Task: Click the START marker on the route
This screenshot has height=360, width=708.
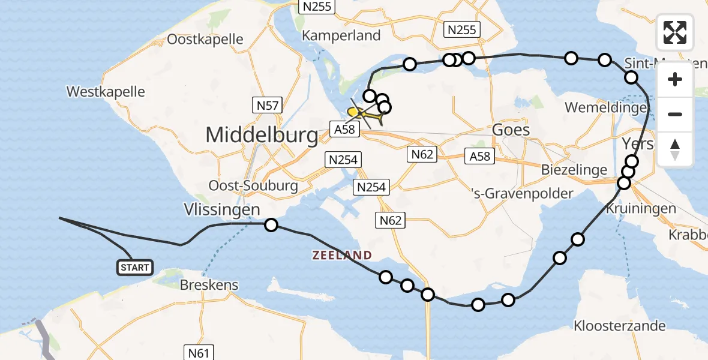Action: (x=135, y=267)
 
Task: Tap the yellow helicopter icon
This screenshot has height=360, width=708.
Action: (x=364, y=113)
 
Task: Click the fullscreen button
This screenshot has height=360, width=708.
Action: (x=675, y=32)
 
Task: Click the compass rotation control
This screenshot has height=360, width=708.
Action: (x=675, y=149)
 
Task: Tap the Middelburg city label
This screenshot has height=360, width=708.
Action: (x=262, y=136)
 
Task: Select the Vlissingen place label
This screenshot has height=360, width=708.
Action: (x=222, y=209)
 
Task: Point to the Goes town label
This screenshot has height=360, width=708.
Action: (x=511, y=130)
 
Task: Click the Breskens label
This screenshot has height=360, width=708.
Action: (x=209, y=285)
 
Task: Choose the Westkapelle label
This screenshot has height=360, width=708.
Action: (x=106, y=92)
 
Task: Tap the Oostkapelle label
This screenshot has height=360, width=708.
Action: (x=205, y=40)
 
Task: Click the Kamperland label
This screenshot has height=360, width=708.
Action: (x=341, y=35)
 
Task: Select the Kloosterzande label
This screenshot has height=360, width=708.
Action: (x=620, y=326)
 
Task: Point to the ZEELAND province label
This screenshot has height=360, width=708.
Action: (x=342, y=255)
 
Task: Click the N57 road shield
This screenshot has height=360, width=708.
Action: (x=268, y=106)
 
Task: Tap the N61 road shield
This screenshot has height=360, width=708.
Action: (x=198, y=353)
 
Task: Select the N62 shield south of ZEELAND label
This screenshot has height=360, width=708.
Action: (x=391, y=221)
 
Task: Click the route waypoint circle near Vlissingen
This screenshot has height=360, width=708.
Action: (x=271, y=225)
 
